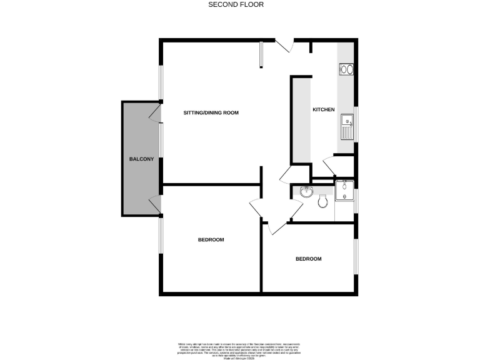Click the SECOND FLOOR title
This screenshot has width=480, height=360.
pyautogui.click(x=236, y=4)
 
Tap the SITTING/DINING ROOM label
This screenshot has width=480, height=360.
pyautogui.click(x=211, y=113)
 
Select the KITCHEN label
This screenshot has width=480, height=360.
pyautogui.click(x=324, y=110)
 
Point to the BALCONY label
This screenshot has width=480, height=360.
pyautogui.click(x=141, y=159)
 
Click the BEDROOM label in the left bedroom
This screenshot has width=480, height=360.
pyautogui.click(x=211, y=239)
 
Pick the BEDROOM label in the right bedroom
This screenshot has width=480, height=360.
pyautogui.click(x=308, y=259)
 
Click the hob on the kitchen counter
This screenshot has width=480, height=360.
pyautogui.click(x=347, y=70)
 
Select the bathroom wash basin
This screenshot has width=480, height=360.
pyautogui.click(x=306, y=191)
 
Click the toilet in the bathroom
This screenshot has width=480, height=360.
pyautogui.click(x=322, y=202)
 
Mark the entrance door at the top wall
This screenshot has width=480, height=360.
pyautogui.click(x=284, y=45)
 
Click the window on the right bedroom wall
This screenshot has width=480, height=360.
pyautogui.click(x=356, y=256)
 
